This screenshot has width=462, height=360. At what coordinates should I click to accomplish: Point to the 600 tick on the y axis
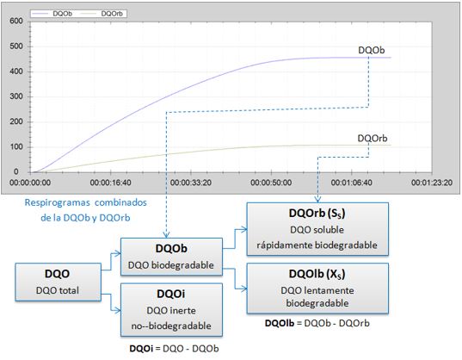(15, 22)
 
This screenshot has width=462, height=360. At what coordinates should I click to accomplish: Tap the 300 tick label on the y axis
(15, 96)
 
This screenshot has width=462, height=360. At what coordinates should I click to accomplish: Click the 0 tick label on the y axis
(15, 171)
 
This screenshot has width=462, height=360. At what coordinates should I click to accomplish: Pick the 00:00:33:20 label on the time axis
(191, 183)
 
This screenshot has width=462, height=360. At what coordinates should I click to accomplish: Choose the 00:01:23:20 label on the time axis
(432, 183)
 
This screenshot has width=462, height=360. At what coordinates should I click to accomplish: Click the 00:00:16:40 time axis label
(110, 183)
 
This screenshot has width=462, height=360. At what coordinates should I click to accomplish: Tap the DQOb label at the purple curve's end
(372, 51)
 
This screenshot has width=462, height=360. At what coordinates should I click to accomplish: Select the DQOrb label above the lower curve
(373, 139)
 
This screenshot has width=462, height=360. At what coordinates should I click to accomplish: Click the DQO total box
(58, 282)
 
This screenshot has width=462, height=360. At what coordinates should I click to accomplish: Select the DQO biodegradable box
(171, 257)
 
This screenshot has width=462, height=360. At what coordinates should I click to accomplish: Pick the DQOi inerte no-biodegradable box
(171, 309)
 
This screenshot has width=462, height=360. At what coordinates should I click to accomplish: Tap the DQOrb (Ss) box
(317, 229)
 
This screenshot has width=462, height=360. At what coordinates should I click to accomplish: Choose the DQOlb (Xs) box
(317, 288)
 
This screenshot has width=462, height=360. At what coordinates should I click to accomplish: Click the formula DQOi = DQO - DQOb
(174, 349)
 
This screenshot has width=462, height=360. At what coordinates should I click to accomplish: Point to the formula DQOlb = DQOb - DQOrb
(317, 323)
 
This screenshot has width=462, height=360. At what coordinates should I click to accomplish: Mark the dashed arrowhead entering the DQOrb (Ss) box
(317, 200)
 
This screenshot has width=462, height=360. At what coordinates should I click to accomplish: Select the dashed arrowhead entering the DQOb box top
(166, 235)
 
